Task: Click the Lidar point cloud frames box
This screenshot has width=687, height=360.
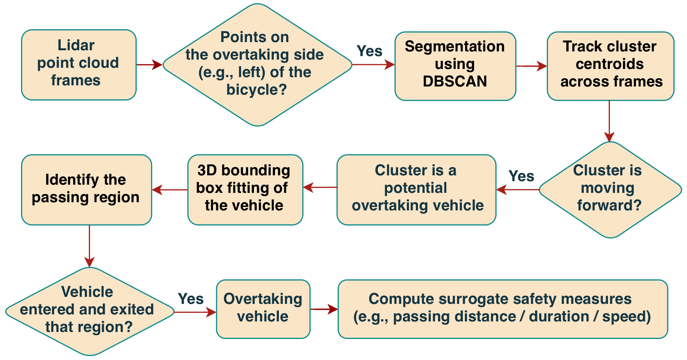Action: pos(79,65)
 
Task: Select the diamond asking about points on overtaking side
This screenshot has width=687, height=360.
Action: pos(257,65)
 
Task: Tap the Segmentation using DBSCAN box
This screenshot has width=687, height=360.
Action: pos(455,65)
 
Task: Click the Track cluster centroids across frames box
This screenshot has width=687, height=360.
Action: pos(610,65)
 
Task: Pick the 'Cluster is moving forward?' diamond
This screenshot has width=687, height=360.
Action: pos(609,189)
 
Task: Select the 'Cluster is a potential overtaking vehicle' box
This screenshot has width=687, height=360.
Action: pos(416,189)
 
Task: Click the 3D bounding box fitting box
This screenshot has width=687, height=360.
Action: pos(245,189)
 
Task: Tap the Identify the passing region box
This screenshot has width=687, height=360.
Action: pos(86,189)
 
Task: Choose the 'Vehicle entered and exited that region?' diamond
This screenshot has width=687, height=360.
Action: pos(89,311)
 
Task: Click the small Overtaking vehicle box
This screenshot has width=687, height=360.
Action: pos(263,309)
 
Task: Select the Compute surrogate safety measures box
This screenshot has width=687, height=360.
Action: pos(502,309)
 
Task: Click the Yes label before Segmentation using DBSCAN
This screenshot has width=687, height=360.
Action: pos(369,51)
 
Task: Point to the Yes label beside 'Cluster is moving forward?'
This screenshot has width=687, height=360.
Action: pos(521,176)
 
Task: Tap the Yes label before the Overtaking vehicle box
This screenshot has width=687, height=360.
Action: pos(190,299)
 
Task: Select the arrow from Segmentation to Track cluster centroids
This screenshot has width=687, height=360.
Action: pos(531,66)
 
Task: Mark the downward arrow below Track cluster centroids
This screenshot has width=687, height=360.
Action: pos(609,121)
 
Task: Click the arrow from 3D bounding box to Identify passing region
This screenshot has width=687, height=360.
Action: pos(170,190)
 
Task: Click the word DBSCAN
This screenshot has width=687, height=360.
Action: pos(455,81)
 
